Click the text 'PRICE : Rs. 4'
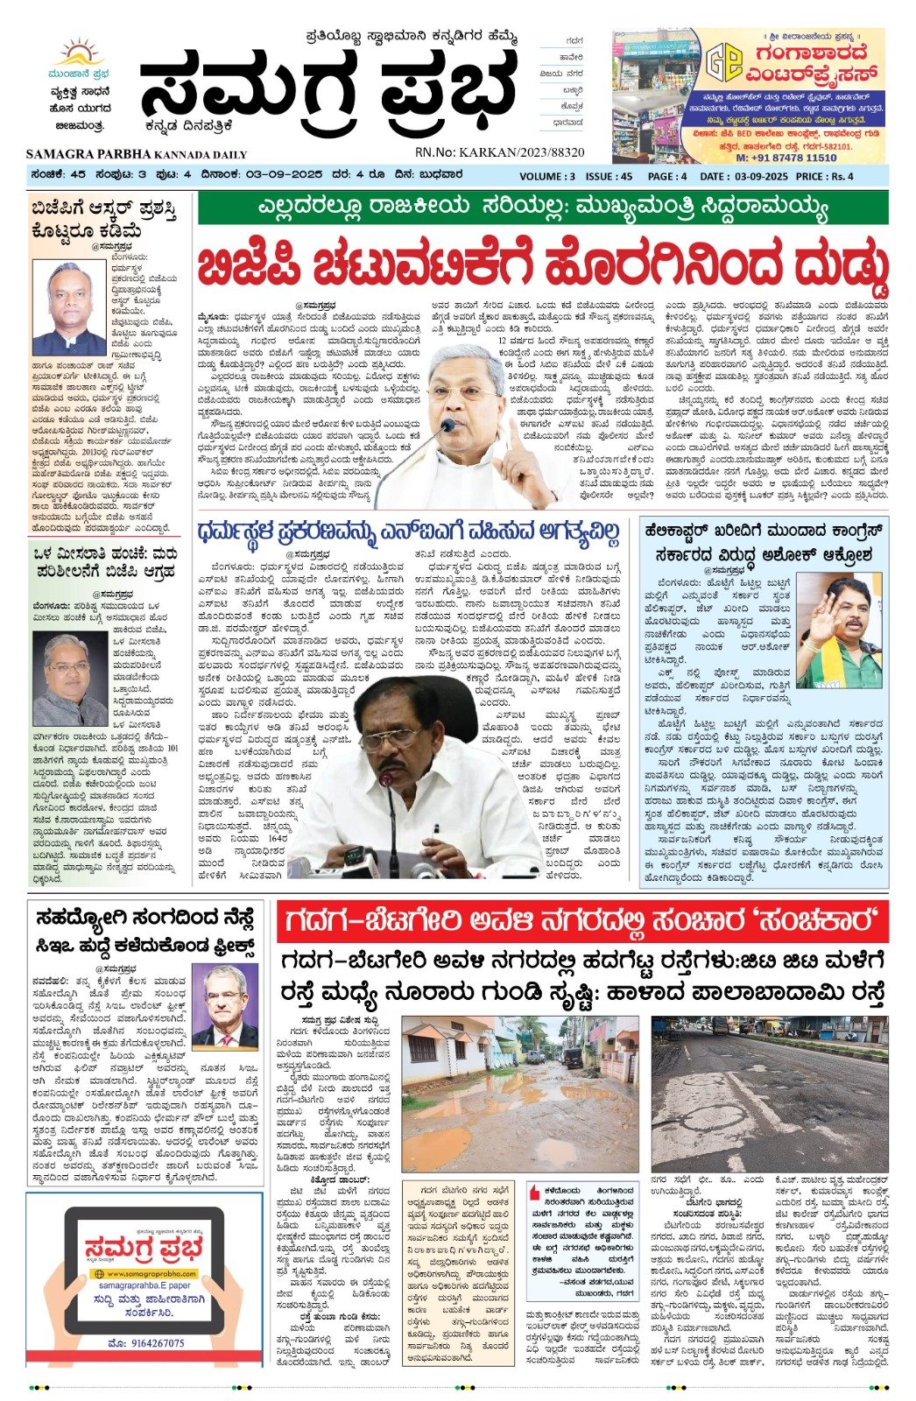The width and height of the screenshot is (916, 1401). coord(824,176)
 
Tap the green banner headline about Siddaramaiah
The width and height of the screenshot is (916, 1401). coord(542,208)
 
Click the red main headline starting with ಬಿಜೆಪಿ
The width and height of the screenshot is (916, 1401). coord(542,264)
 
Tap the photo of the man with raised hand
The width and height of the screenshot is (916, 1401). coord(838,630)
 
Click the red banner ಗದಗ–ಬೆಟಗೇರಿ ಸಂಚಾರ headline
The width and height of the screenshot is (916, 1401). coord(581,922)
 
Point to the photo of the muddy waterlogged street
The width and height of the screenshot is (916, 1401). coord(520,1094)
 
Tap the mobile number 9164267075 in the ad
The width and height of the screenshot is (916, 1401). coord(145,1343)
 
